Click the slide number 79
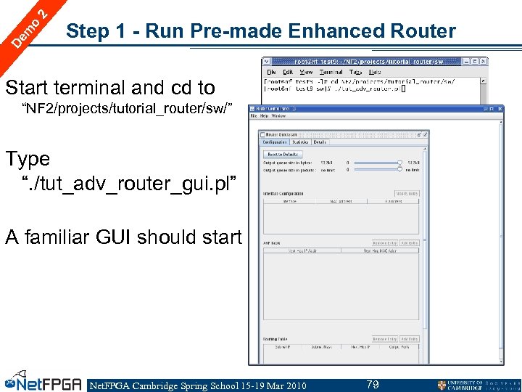pyautogui.click(x=373, y=384)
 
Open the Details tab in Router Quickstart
pyautogui.click(x=320, y=143)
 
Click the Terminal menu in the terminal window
pyautogui.click(x=331, y=73)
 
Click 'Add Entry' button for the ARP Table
pyautogui.click(x=409, y=243)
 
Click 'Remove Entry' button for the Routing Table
pyautogui.click(x=384, y=339)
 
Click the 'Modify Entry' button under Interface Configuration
pyautogui.click(x=407, y=194)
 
